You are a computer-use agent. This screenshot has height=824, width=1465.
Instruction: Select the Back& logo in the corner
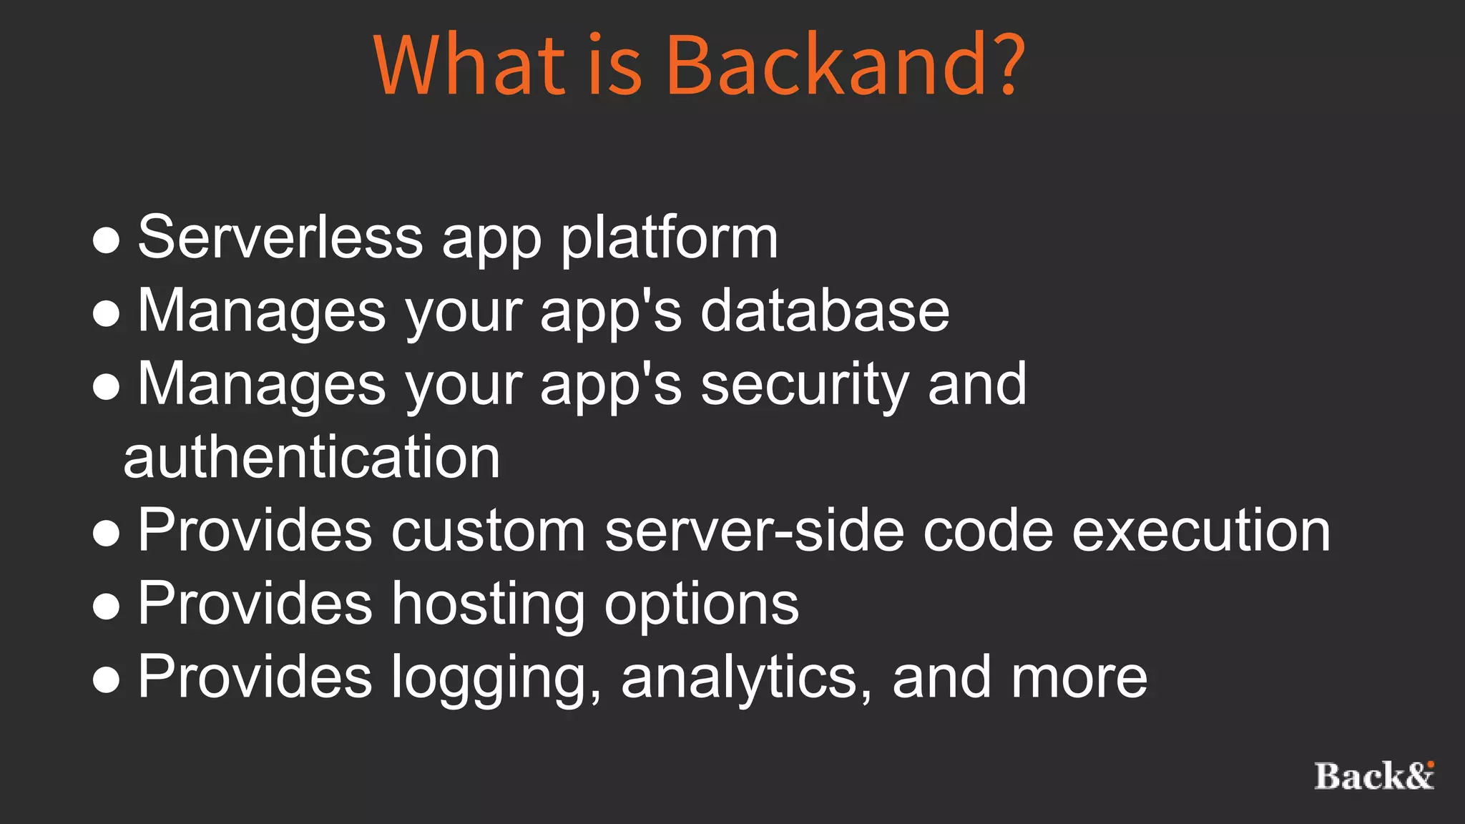click(x=1373, y=776)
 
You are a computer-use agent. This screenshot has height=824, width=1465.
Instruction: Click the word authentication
click(x=311, y=458)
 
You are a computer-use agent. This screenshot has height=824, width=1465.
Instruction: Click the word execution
click(x=1201, y=531)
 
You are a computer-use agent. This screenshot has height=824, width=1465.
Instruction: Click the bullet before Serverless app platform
click(x=106, y=240)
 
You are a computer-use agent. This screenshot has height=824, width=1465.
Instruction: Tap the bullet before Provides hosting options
click(x=106, y=607)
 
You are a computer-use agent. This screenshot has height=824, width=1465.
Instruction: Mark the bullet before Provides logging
click(x=106, y=680)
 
